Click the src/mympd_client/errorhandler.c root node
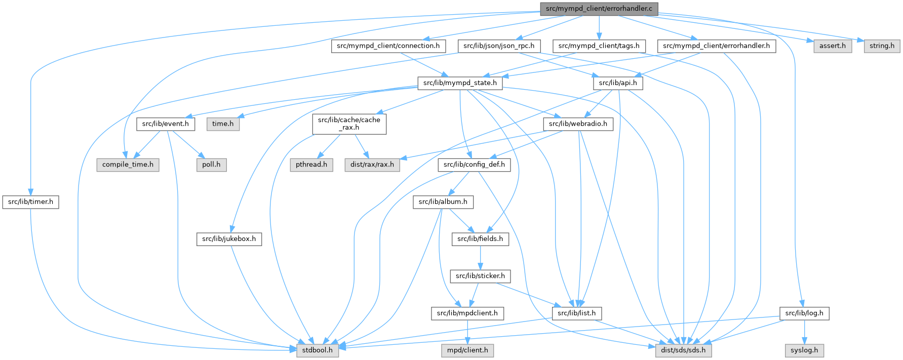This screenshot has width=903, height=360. tap(599, 9)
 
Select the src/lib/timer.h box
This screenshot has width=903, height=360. tap(30, 202)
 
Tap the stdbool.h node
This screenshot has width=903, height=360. tap(318, 350)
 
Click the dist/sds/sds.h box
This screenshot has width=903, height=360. tap(683, 350)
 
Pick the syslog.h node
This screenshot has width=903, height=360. tap(804, 350)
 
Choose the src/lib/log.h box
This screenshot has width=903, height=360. tap(804, 313)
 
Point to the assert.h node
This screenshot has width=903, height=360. tap(833, 46)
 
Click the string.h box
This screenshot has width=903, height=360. tap(882, 46)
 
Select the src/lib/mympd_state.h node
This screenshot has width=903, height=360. tap(460, 83)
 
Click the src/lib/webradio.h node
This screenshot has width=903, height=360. tap(578, 124)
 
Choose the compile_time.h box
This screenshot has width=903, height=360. tap(128, 165)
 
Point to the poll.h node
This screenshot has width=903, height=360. tap(211, 165)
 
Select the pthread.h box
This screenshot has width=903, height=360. tap(311, 165)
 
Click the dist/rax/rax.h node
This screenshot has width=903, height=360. tap(372, 165)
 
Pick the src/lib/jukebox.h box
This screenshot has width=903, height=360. tap(229, 239)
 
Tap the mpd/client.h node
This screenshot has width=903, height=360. tap(467, 350)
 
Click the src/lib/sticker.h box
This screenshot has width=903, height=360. tap(480, 276)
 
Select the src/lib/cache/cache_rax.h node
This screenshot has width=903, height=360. tap(349, 124)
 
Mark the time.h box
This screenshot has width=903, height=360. tap(223, 124)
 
